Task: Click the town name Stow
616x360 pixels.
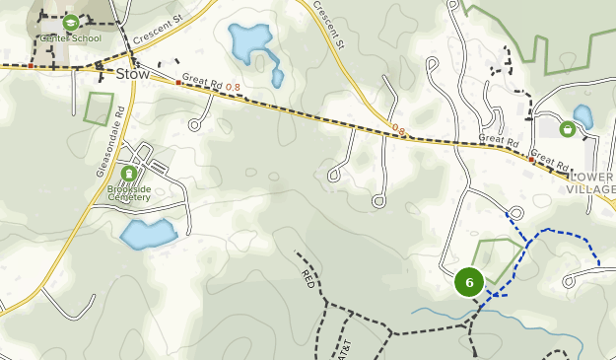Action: [131, 74]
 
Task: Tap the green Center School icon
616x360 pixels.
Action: [70, 22]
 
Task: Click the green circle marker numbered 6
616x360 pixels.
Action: [469, 282]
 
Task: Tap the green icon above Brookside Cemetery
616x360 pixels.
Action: [128, 174]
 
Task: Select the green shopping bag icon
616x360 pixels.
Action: [567, 128]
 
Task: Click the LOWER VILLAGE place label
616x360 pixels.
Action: [592, 182]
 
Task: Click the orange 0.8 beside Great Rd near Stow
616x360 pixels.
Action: [233, 88]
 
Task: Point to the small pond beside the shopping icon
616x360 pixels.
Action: [583, 116]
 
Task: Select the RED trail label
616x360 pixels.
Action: [307, 277]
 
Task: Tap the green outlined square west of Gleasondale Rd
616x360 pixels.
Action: [100, 108]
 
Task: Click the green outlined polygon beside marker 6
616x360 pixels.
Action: [499, 258]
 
